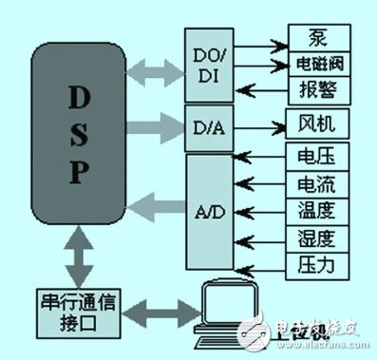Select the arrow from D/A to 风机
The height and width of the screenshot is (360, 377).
click(257, 123)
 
